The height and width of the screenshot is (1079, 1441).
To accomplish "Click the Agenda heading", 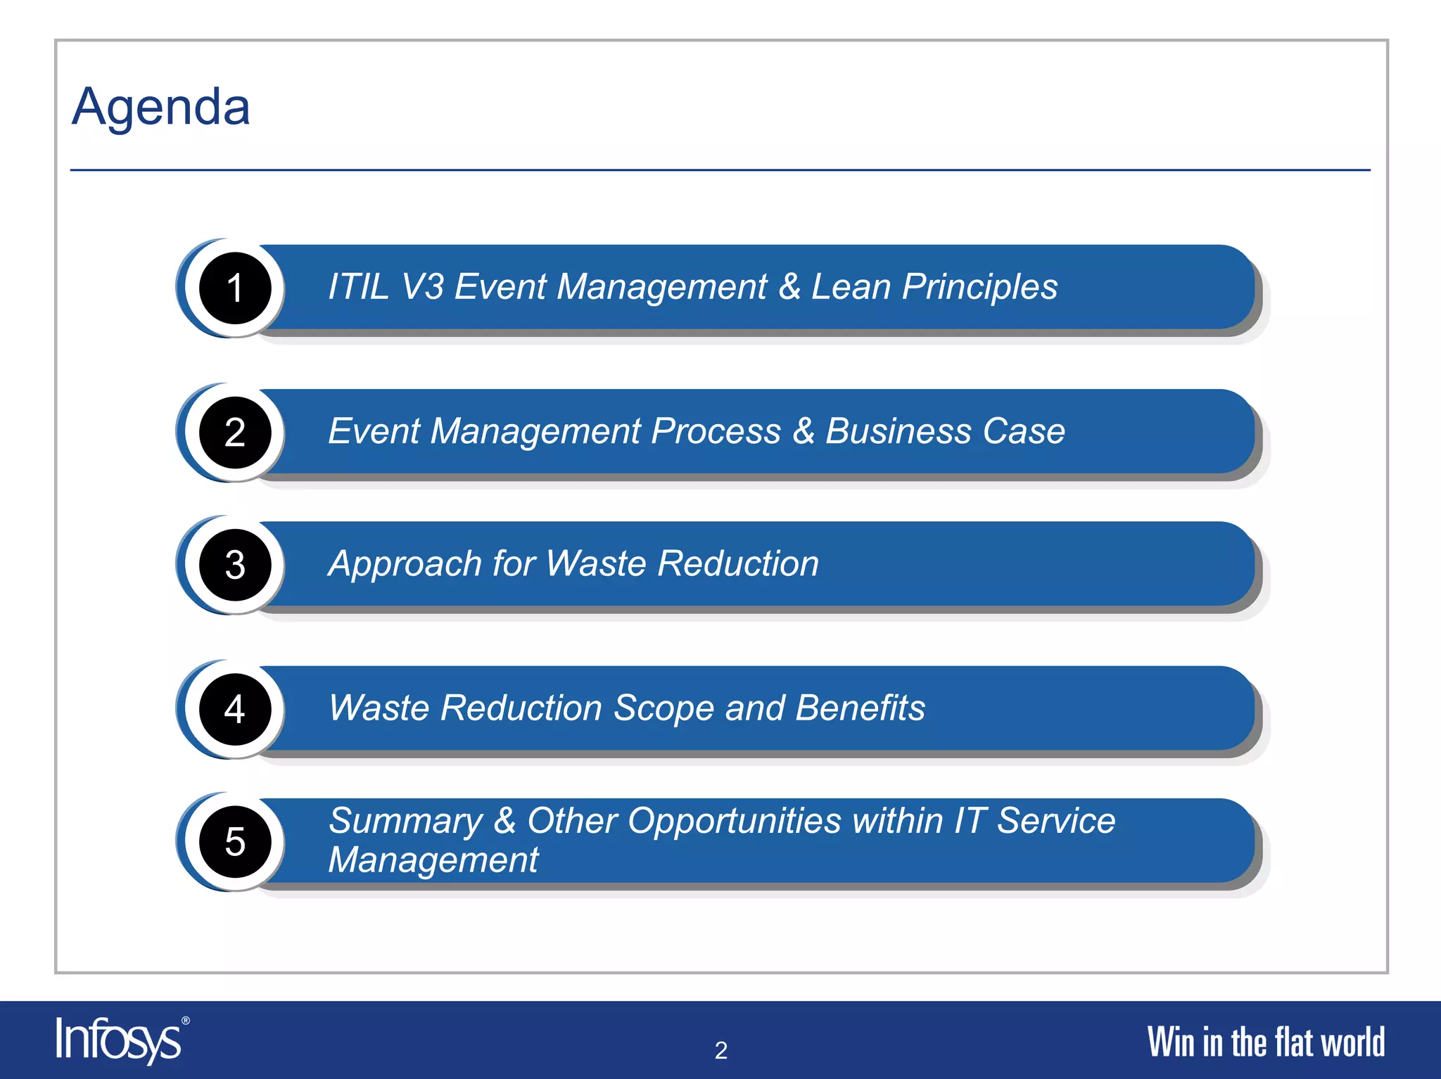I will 161,108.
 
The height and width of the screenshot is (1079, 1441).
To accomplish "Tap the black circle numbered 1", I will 235,288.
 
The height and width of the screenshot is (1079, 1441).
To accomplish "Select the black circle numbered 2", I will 235,432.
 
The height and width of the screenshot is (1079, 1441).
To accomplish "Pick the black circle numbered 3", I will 235,565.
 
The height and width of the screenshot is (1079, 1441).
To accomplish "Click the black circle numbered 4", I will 235,709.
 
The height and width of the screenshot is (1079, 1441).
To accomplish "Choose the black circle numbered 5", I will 235,841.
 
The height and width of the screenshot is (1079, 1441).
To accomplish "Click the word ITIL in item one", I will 358,287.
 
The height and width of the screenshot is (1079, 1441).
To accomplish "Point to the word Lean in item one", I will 851,287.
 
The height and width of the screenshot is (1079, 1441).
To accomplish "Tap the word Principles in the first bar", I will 979,287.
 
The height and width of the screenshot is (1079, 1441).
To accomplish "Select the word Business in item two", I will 898,431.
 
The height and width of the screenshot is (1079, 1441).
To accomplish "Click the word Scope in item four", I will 664,708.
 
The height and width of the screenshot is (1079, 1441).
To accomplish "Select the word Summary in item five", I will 406,821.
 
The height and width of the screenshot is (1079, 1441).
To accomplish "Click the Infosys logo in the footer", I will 118,1040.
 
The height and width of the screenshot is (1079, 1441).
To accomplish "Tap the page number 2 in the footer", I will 720,1050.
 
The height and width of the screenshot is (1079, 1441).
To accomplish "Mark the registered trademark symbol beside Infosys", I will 186,1021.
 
